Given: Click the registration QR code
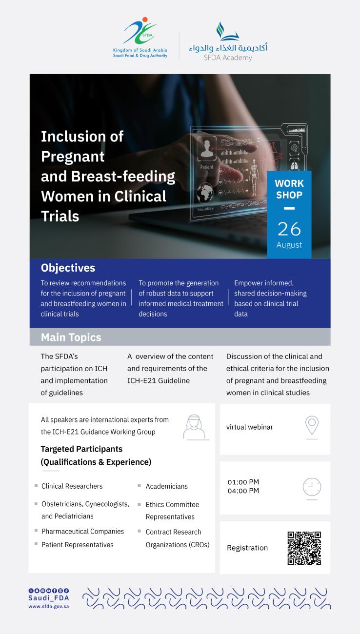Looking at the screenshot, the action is coord(304,548).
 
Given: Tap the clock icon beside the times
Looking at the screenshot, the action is coord(312,487).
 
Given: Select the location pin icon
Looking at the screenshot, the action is coord(312,425).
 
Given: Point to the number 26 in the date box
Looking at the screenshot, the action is coord(289,229).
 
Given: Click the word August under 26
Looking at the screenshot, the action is coord(289,245).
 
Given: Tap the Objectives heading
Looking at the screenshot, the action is coord(68,268).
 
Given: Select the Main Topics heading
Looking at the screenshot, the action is coord(71,337).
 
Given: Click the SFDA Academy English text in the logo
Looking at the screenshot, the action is coord(228,58).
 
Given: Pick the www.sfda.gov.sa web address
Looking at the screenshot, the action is coord(49,607).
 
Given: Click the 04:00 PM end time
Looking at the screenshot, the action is coord(243,491).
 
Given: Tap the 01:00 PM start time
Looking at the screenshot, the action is coord(243,482).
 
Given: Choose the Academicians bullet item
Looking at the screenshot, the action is coord(167,486).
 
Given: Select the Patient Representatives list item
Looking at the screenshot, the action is coord(77,545).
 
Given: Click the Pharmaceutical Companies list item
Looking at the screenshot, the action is coord(82,532).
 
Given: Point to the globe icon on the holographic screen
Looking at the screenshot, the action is coord(205,193).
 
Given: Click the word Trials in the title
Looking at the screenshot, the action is coord(60,216).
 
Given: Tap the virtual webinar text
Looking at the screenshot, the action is coord(250,427).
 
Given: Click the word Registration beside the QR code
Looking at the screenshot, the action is coord(247,548).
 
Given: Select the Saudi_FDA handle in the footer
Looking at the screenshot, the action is coord(49,598).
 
